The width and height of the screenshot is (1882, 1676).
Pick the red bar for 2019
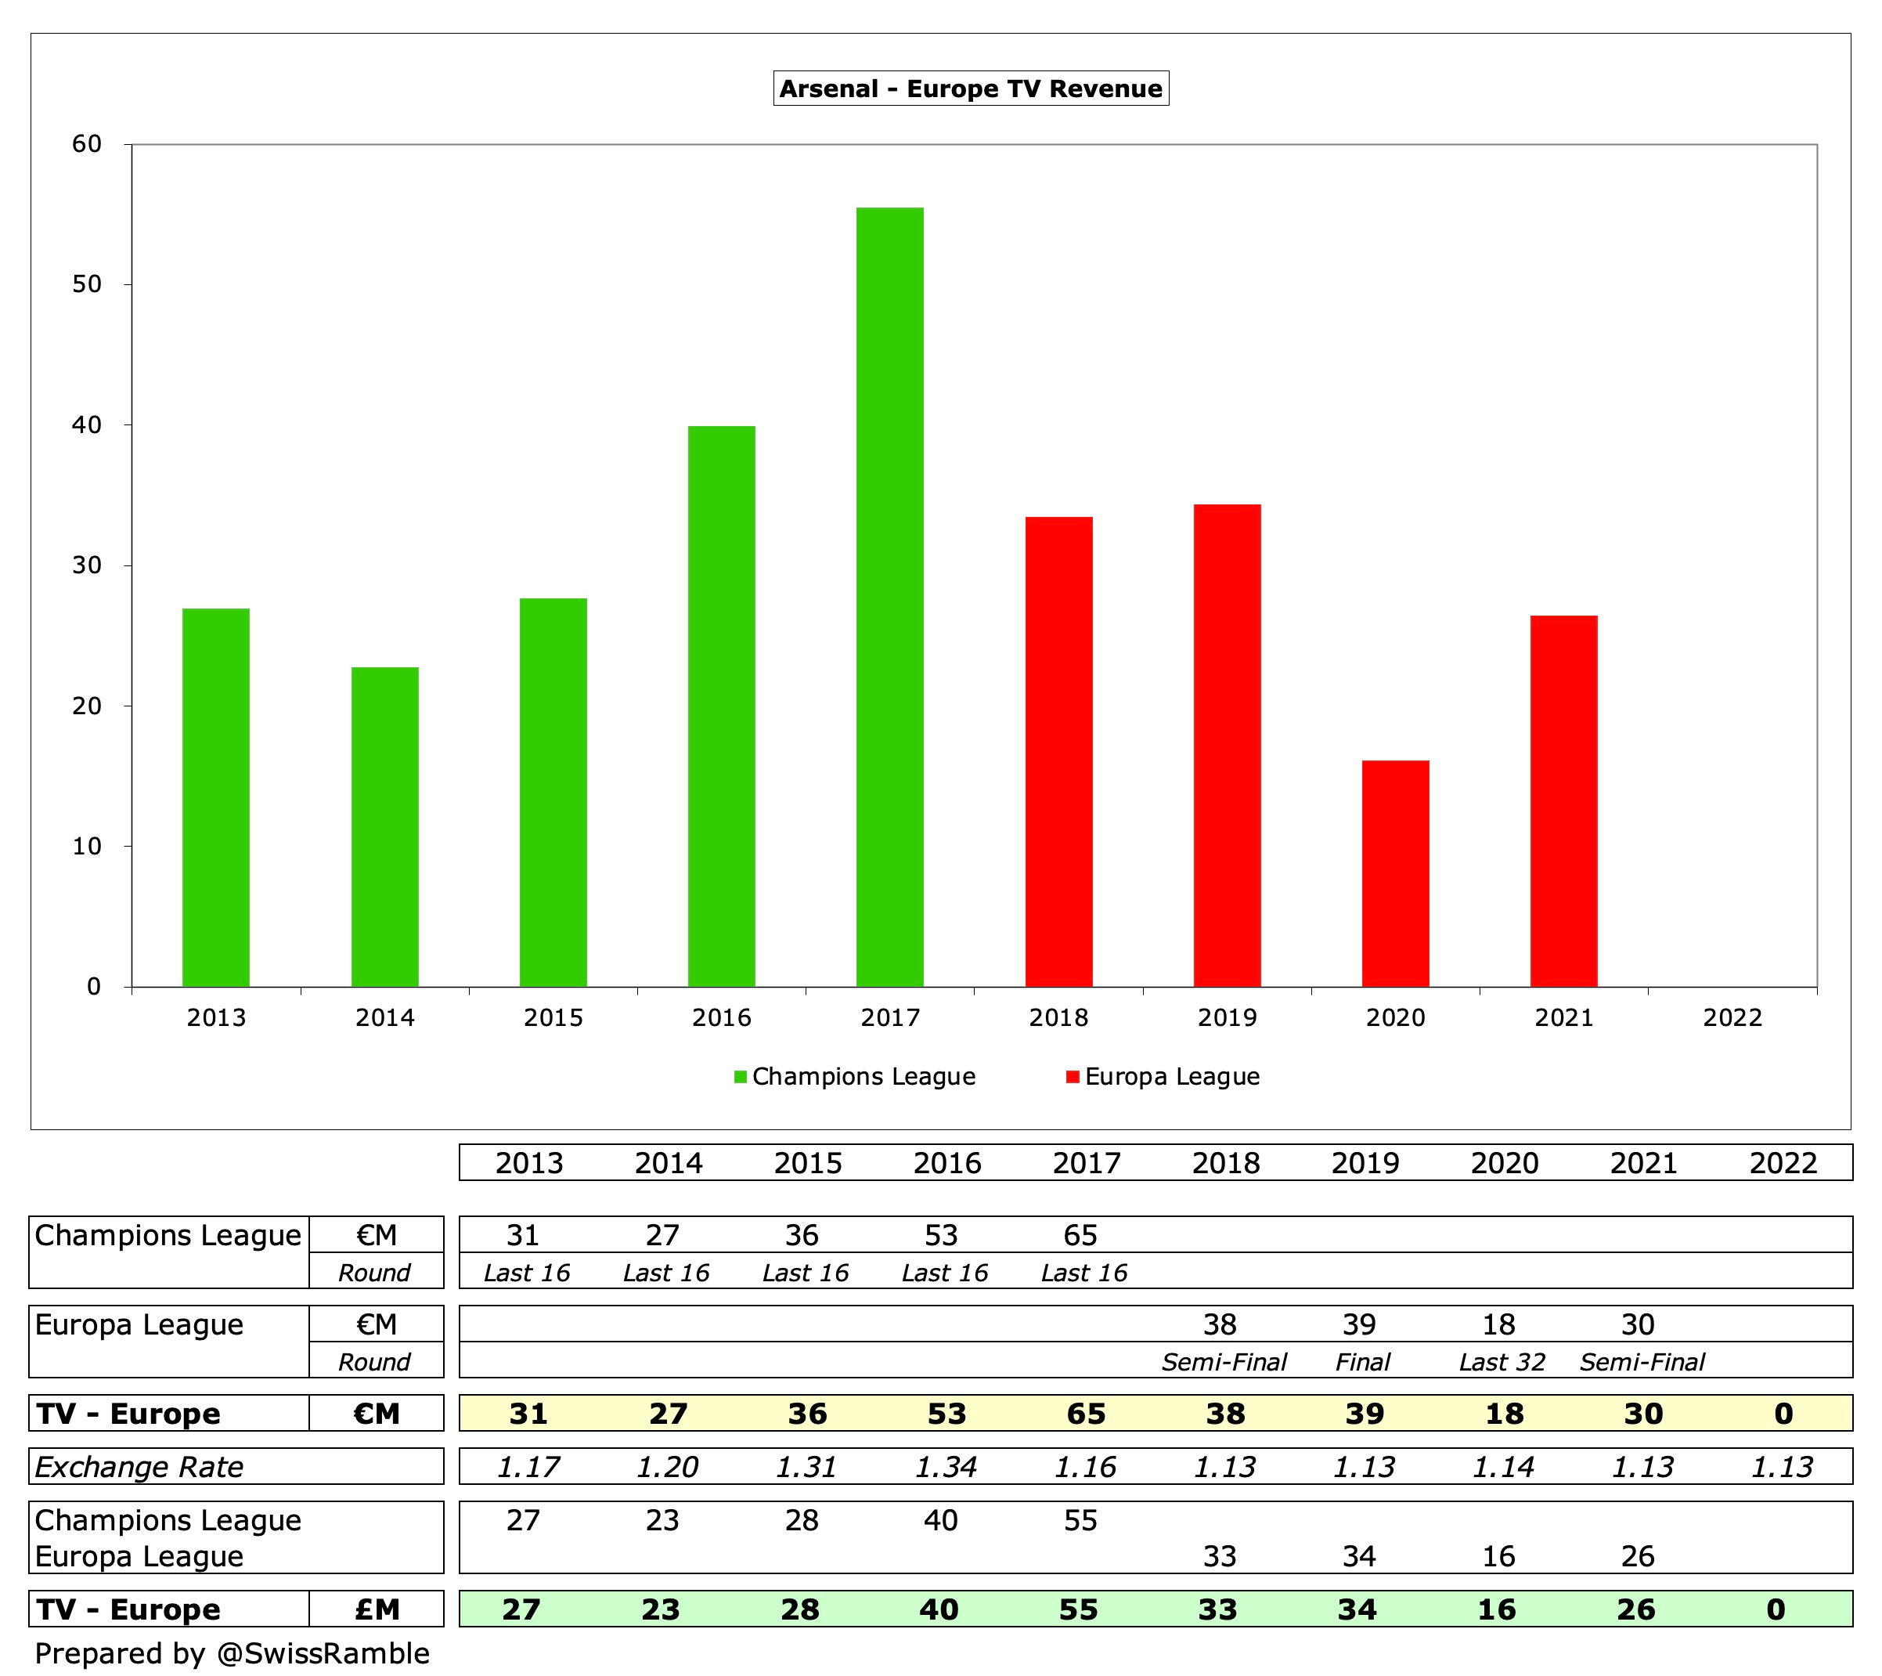1227,745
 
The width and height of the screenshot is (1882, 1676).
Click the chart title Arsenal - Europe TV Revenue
971,88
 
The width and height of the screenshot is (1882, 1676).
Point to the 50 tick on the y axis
88,284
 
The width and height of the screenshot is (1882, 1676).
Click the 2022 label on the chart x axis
1732,1017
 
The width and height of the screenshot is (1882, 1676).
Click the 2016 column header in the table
946,1163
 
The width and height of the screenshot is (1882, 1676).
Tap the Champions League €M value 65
1080,1235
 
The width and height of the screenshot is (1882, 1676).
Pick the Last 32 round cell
1502,1362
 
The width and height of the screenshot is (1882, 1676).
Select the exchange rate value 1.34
946,1466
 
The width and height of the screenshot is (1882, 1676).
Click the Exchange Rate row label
139,1466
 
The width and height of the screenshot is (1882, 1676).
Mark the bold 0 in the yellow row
1783,1414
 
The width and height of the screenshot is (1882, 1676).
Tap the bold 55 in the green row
1078,1609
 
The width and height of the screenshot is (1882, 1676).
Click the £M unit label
377,1609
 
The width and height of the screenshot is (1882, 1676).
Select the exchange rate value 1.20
668,1466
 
